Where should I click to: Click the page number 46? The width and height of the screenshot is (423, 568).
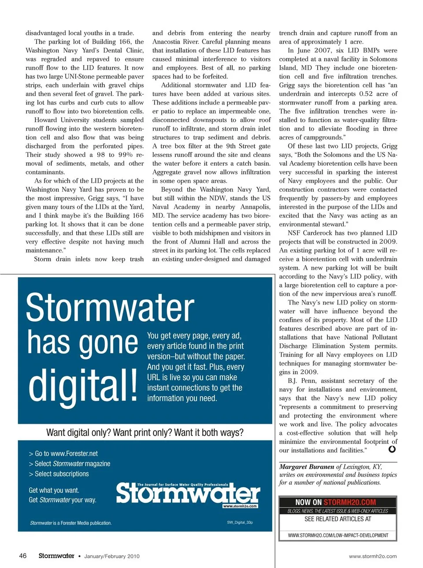coord(23,556)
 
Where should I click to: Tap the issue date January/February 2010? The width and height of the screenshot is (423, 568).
coord(112,556)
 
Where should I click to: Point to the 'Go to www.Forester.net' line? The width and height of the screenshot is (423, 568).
coord(63,453)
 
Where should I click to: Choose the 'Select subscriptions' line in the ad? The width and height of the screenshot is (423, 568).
coord(59,474)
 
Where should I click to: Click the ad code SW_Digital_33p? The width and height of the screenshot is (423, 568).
coord(240,522)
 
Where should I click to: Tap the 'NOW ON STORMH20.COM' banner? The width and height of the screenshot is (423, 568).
coord(338,502)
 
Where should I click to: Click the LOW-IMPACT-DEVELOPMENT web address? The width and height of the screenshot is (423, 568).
coord(338,535)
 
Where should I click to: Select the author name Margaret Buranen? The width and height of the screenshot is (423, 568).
coord(307,467)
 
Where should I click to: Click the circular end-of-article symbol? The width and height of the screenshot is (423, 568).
coord(392,449)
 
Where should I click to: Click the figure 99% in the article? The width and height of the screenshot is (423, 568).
coord(126,155)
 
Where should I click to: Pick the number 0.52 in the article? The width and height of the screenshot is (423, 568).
coord(366,94)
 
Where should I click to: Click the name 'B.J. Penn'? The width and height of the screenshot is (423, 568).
coord(302,381)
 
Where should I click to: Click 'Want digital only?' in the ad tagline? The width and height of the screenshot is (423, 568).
coord(78,433)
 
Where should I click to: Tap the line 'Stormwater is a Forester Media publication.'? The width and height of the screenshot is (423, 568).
coord(71,523)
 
